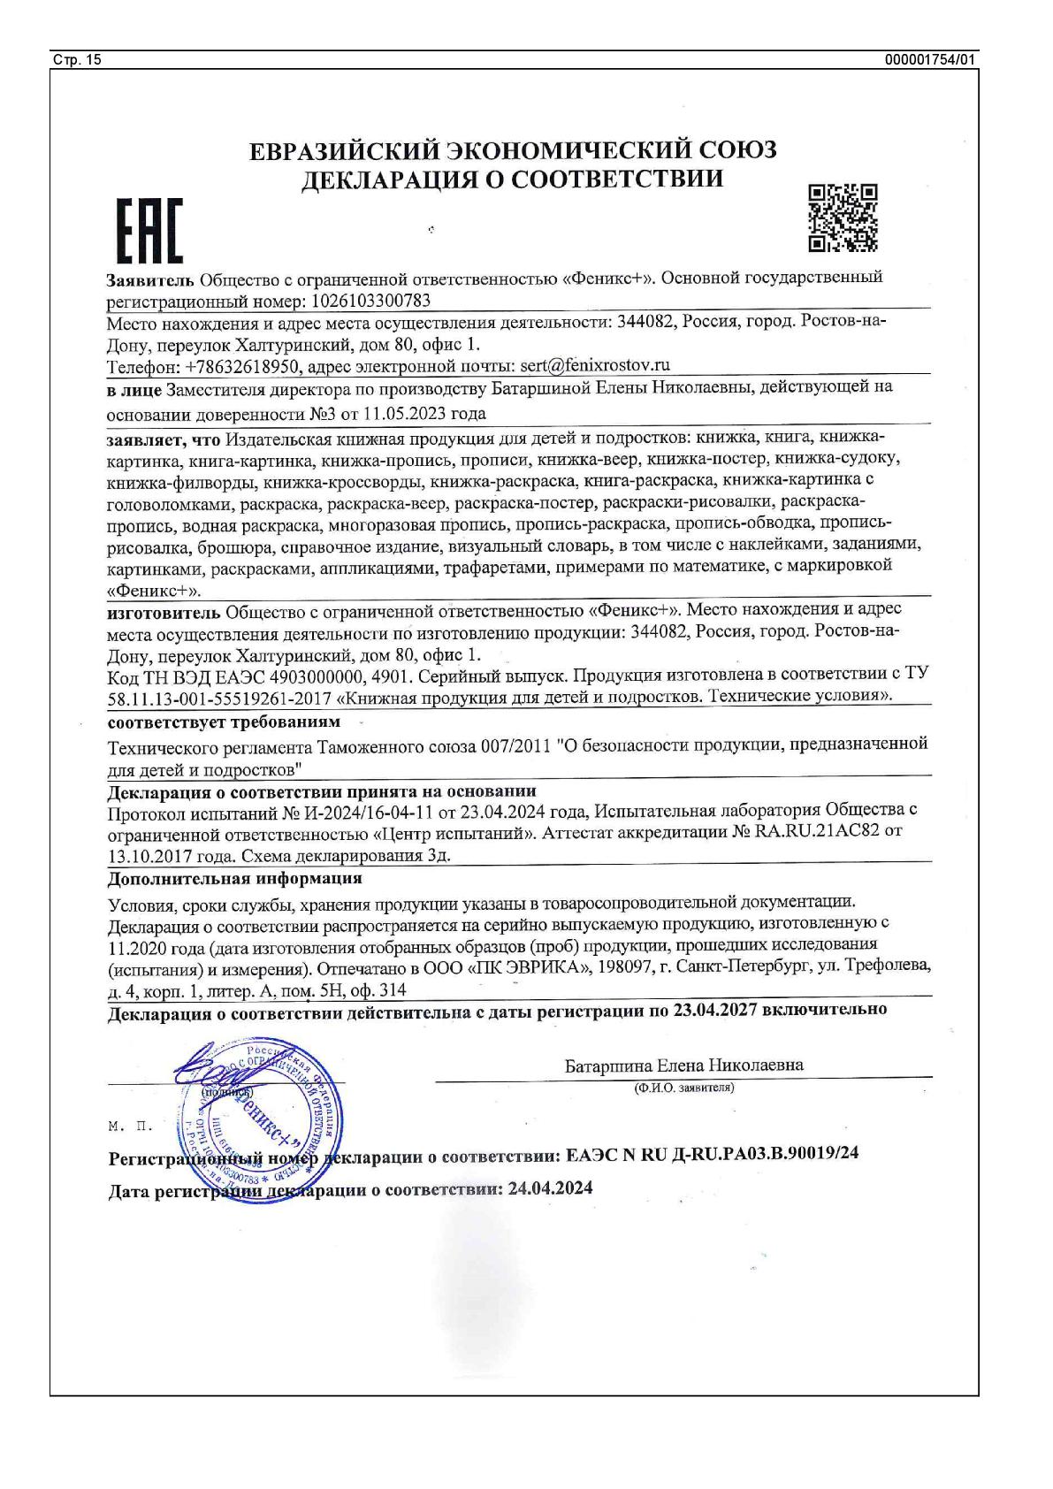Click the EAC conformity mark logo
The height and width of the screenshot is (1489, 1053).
coord(149,231)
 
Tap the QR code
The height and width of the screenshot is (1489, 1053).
coord(843,218)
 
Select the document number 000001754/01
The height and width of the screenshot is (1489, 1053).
coord(931,60)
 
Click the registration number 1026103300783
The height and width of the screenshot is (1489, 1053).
coord(372,300)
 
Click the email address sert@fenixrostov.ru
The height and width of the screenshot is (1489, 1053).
coord(595,364)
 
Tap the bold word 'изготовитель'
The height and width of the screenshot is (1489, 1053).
coord(164,611)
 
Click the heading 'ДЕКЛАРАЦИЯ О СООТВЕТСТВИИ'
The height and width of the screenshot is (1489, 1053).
coord(513,179)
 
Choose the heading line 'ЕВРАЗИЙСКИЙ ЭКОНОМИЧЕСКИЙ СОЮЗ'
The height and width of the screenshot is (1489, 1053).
coord(513,150)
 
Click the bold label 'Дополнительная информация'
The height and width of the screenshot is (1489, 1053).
coord(234,879)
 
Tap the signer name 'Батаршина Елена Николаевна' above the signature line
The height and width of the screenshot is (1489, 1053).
coord(683,1065)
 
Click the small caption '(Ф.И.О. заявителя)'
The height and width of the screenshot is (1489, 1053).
coord(683,1088)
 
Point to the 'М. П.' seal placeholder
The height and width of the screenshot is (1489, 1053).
coord(130,1127)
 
